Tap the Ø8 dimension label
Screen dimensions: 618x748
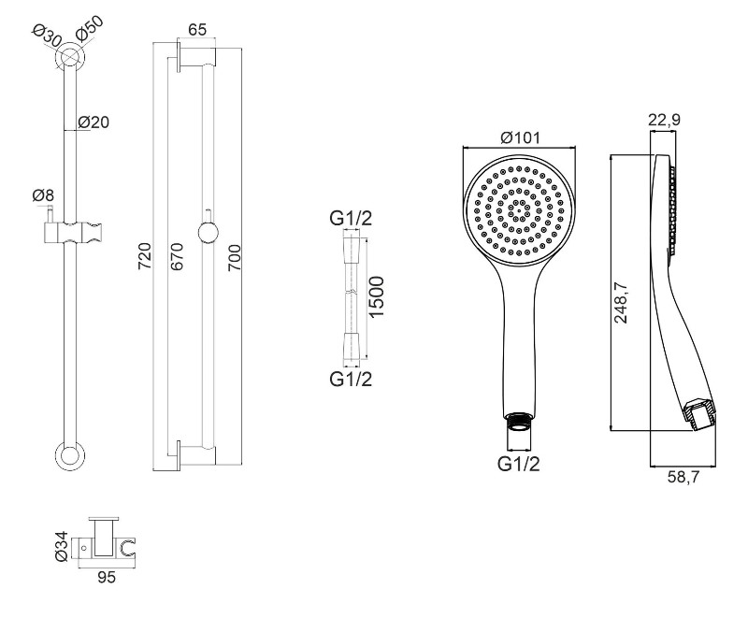pos(43,195)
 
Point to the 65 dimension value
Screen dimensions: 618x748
pos(197,29)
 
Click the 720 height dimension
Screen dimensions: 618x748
pos(145,253)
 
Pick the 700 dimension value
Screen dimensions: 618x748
pos(235,253)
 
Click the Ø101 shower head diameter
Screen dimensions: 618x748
pos(521,137)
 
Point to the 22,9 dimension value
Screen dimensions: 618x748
pos(663,118)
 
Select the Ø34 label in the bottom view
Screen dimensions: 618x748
pos(63,544)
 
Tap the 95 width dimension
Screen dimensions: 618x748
pos(107,579)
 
